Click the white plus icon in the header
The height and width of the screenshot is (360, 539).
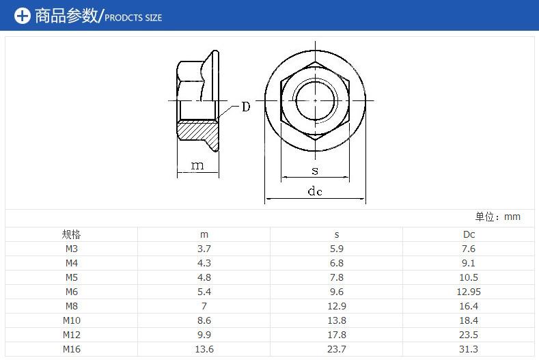click(23, 16)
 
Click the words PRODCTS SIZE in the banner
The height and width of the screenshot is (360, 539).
click(133, 18)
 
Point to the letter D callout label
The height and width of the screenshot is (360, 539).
click(246, 107)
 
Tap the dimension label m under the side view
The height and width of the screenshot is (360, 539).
click(197, 166)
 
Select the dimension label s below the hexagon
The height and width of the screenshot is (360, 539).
click(315, 171)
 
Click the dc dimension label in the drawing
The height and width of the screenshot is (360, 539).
click(315, 191)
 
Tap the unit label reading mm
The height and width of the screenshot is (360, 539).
click(512, 217)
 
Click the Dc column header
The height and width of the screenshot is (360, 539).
click(469, 234)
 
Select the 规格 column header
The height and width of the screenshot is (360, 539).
click(71, 234)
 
